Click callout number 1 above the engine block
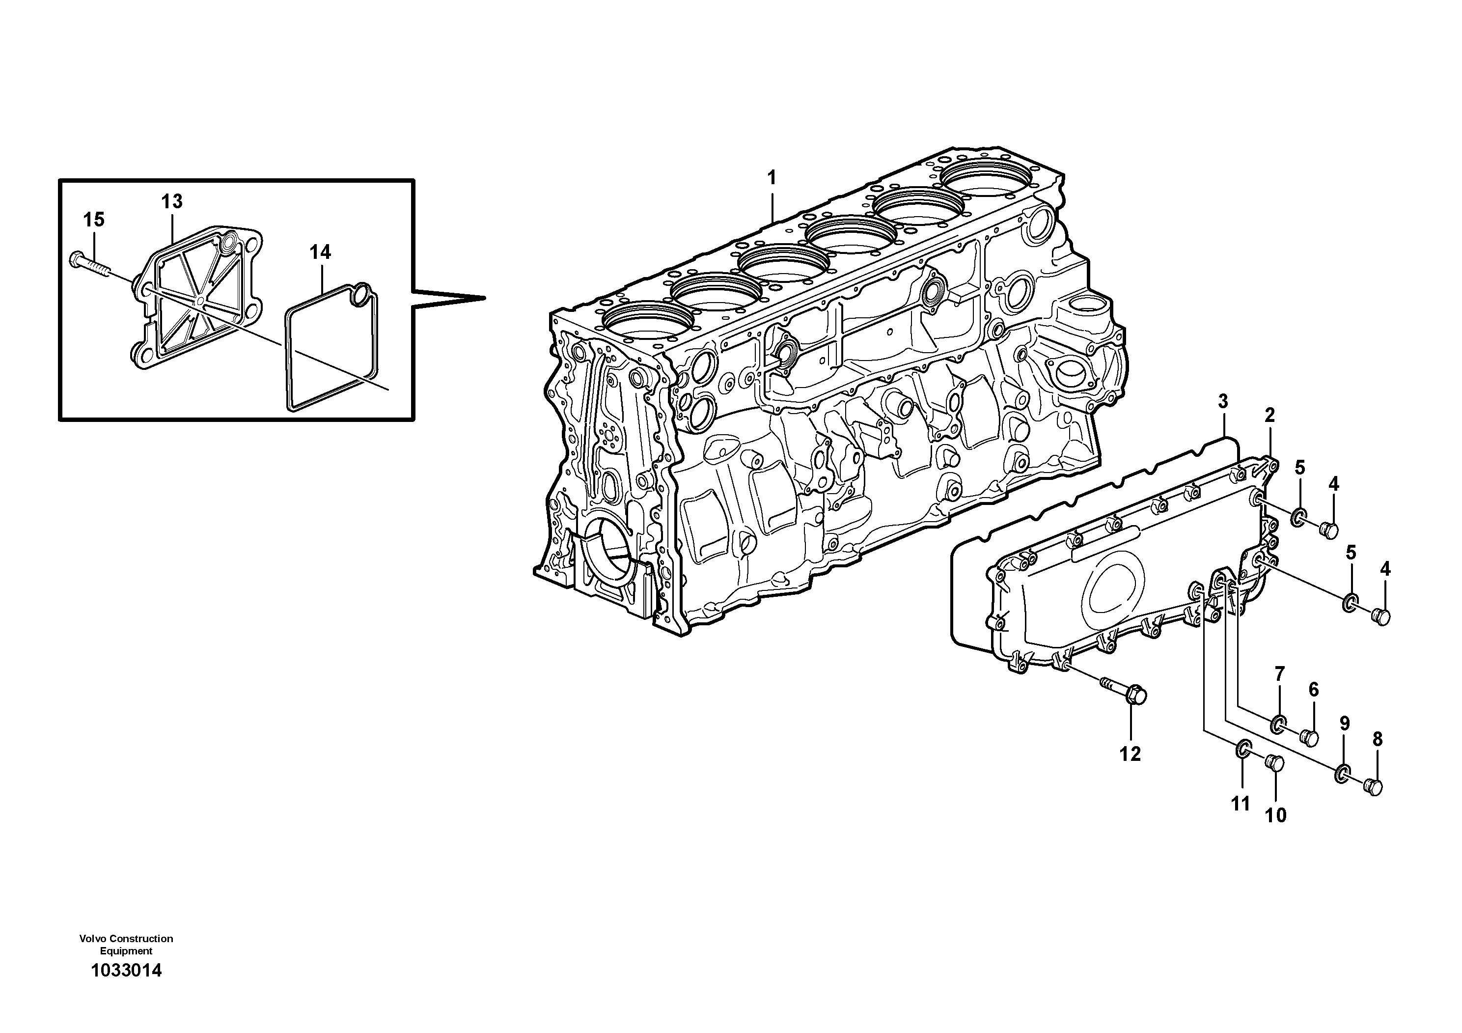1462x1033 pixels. [771, 178]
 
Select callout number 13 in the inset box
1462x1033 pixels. [171, 202]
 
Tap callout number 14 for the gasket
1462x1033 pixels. [320, 253]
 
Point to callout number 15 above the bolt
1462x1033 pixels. [94, 221]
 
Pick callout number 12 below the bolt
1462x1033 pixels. [1130, 754]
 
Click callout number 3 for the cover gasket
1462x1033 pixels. [1222, 402]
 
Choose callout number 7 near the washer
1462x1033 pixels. [1279, 674]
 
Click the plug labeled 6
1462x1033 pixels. [1309, 737]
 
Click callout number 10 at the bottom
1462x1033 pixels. [1275, 816]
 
